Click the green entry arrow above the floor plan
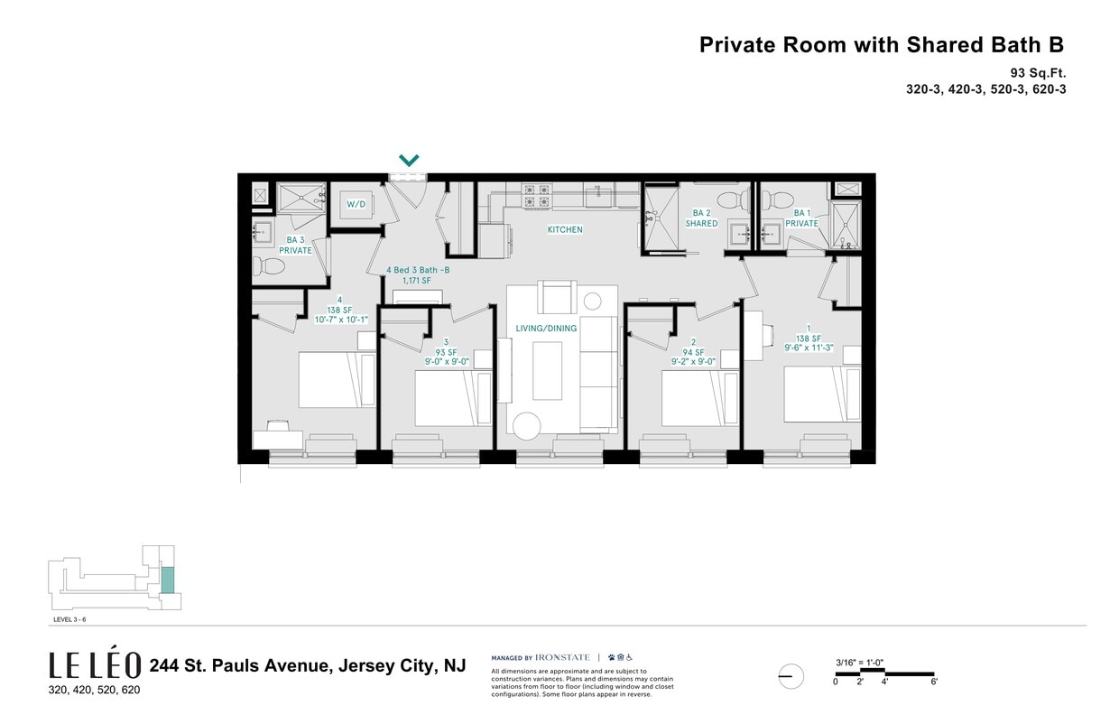[x=409, y=161]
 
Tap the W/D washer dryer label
[x=356, y=204]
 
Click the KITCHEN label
[x=565, y=230]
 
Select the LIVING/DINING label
[x=546, y=329]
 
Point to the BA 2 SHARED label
[x=701, y=218]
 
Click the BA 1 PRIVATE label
[x=801, y=218]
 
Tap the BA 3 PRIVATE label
[x=295, y=245]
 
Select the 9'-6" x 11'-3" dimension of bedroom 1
[x=808, y=345]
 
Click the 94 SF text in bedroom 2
[x=693, y=352]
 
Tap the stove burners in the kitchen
[x=537, y=196]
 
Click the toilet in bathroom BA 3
[x=269, y=265]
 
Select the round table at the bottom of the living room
[x=526, y=423]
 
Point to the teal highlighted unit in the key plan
[x=167, y=579]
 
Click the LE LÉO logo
[x=95, y=666]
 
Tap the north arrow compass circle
[x=791, y=676]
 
